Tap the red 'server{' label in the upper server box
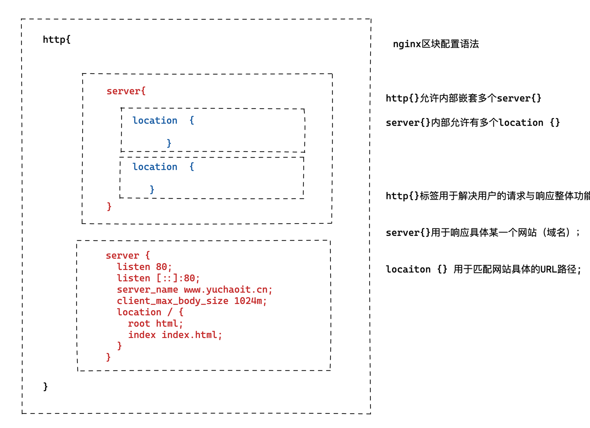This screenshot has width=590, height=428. (x=126, y=91)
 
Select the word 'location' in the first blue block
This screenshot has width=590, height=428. (x=155, y=121)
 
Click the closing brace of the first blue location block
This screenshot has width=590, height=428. (x=169, y=143)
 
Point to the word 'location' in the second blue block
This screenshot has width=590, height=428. (x=155, y=167)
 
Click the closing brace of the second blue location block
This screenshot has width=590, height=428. (x=152, y=189)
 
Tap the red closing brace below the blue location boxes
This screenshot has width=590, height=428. (x=109, y=207)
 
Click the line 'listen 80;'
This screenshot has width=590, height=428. (x=144, y=267)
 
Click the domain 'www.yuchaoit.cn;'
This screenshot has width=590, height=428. (x=228, y=290)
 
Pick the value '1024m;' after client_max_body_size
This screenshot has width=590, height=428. (x=250, y=301)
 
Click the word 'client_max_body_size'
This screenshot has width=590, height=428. (x=172, y=301)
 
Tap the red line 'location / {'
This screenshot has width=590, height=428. (x=150, y=312)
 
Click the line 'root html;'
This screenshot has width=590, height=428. (x=155, y=324)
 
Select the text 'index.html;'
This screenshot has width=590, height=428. (x=192, y=335)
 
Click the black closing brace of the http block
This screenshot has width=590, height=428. (x=45, y=387)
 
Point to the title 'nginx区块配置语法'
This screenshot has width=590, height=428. (x=436, y=44)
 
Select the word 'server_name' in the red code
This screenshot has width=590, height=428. (x=147, y=290)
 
